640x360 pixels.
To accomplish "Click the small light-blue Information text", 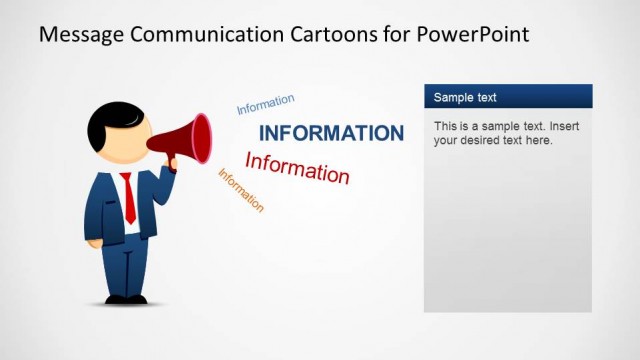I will pos(265,104).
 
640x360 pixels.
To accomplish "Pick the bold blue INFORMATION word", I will pos(331,133).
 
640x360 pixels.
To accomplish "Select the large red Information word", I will pos(297,167).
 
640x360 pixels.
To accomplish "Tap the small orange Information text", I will pos(241,190).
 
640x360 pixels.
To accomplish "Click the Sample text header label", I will pos(465,97).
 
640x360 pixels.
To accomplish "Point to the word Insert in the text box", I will pos(560,127).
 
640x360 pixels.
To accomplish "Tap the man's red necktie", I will pos(128,197).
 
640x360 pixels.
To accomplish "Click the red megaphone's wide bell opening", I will pos(202,138).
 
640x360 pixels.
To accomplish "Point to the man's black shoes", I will pos(126,298).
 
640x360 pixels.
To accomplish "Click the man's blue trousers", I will pos(126,265).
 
